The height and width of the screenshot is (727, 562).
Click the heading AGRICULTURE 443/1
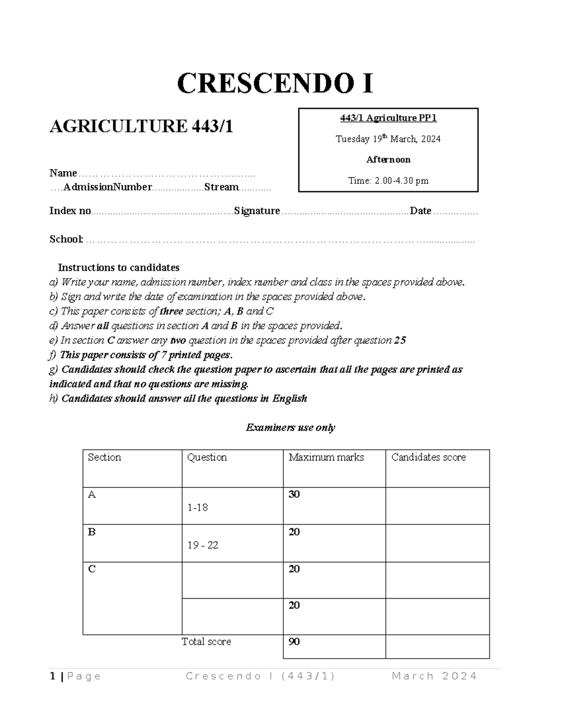[141, 126]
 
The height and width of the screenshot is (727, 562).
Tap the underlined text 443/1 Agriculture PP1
[388, 118]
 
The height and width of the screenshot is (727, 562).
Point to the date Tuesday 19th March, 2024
[388, 139]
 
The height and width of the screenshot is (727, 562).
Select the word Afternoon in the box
[388, 160]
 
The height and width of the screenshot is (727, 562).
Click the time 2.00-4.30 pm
[388, 181]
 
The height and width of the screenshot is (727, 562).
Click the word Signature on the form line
[257, 211]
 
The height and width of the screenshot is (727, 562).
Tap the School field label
[66, 239]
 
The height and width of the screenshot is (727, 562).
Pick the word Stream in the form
[222, 187]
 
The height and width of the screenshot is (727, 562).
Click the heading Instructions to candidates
[118, 268]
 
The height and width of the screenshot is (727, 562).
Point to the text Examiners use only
[290, 427]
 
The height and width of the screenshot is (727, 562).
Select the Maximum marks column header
[326, 457]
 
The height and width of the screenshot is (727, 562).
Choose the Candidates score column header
[429, 457]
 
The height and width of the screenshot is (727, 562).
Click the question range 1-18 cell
[198, 507]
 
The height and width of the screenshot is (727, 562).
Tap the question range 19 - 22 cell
[203, 545]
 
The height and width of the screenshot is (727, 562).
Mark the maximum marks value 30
[294, 494]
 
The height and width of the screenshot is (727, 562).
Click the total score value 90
[294, 642]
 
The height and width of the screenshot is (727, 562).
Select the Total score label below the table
[207, 642]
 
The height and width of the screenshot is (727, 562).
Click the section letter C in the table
[92, 569]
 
